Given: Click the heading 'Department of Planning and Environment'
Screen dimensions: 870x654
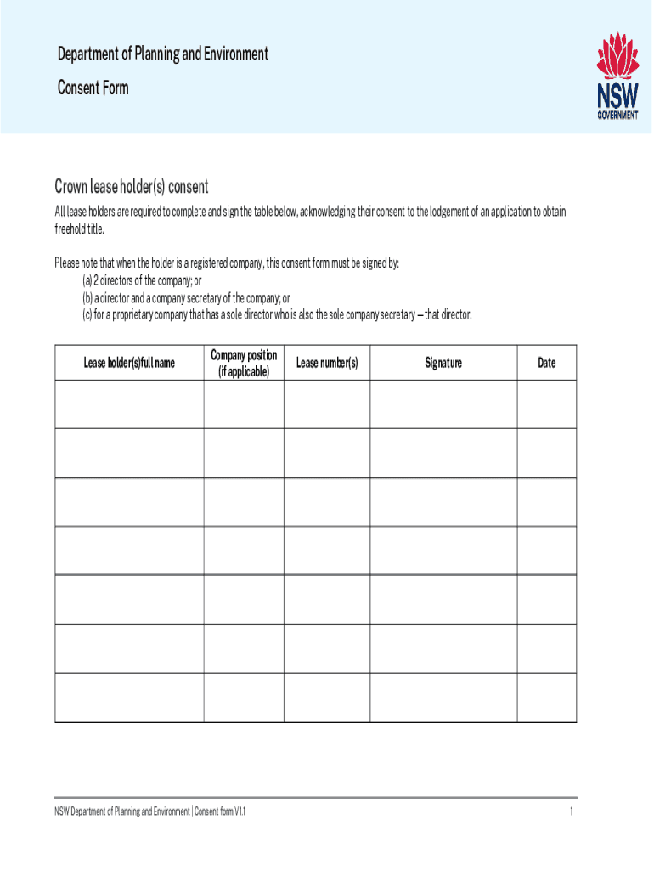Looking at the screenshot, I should (163, 54).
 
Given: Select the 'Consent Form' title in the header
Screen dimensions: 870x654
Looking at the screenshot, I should (93, 88).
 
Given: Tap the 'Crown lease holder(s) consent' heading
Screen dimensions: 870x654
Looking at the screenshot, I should (132, 186).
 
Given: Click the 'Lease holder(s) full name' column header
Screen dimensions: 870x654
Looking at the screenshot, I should (129, 363).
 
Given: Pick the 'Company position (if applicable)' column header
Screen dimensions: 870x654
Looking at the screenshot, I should (244, 363).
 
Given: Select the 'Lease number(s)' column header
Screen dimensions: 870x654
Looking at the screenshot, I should (327, 363).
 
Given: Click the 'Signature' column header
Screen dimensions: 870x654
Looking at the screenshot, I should (443, 363).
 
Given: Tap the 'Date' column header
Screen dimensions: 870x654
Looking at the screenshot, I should (547, 363).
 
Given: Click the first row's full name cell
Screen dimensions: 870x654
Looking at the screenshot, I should (129, 404).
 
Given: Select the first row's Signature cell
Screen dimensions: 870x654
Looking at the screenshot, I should (443, 404).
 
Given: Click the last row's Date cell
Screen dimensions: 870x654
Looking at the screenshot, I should (547, 698).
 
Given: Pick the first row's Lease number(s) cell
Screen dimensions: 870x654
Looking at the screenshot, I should (327, 404).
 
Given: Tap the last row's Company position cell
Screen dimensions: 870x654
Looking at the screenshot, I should (244, 698).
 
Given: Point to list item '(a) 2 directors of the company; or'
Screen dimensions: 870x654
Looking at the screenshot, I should (143, 280).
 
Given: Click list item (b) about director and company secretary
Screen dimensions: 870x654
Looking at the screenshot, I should (186, 298).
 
